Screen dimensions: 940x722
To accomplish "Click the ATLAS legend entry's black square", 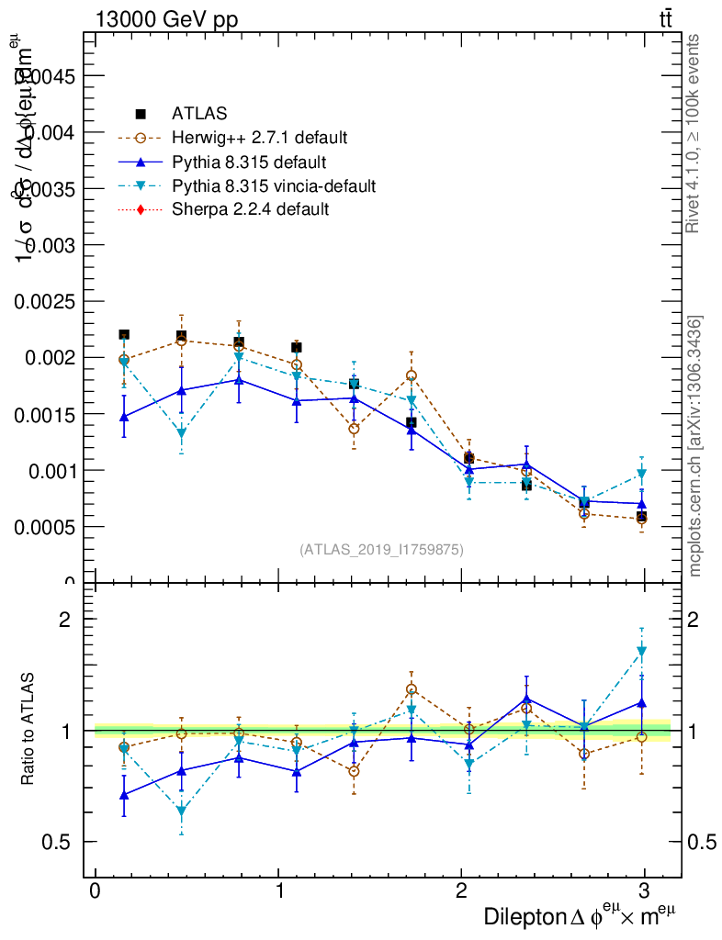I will [141, 114].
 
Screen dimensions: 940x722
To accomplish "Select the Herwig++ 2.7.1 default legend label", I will [259, 139].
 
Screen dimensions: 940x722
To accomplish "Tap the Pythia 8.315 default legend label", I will [249, 162].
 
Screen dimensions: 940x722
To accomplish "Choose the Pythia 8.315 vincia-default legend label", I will [274, 186].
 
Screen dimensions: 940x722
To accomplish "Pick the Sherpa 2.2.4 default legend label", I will [251, 209].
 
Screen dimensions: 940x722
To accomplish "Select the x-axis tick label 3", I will [645, 891].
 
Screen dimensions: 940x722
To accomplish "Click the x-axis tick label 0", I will [96, 891].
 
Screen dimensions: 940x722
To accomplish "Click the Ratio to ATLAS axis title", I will [28, 730].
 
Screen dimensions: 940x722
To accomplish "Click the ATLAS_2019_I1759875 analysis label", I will [381, 549].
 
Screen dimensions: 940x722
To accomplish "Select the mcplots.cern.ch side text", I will [695, 446].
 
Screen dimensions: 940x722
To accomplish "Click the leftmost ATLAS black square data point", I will [124, 334].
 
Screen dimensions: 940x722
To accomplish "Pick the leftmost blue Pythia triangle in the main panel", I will [124, 417].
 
